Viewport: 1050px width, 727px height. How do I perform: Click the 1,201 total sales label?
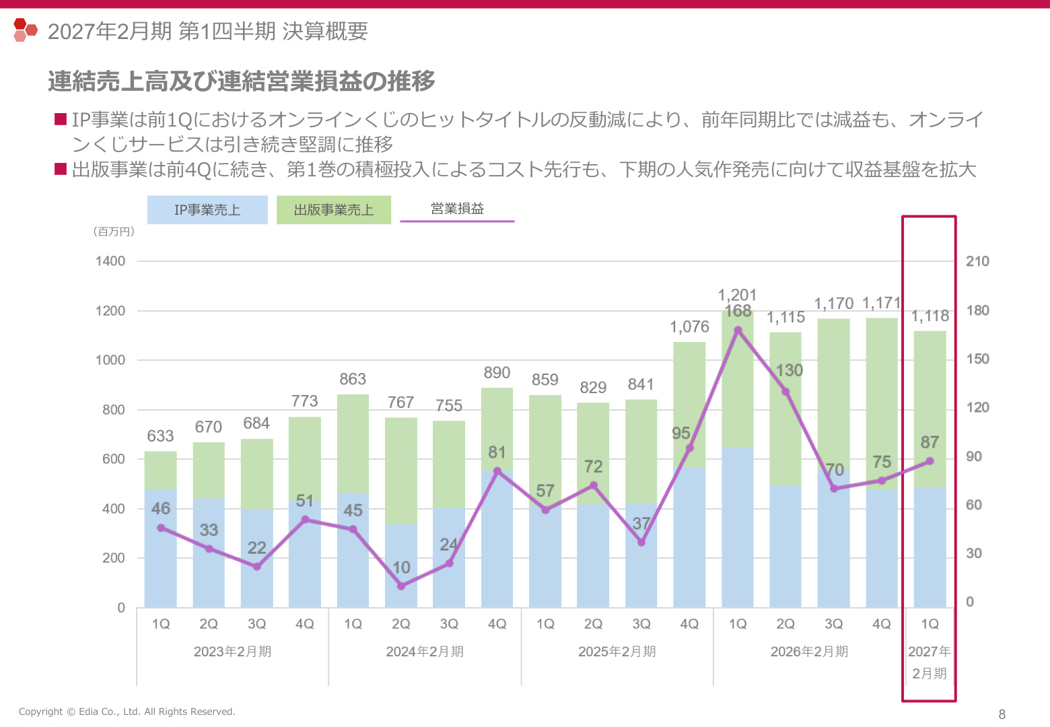[x=737, y=295]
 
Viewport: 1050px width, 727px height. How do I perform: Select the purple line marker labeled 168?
[x=738, y=331]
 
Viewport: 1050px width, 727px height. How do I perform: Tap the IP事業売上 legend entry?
[x=207, y=209]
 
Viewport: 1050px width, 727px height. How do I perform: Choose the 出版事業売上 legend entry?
[x=334, y=209]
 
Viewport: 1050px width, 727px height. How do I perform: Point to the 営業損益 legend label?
[x=457, y=209]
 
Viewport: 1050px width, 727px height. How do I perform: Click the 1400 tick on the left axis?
[x=110, y=261]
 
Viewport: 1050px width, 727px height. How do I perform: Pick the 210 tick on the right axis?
[x=977, y=261]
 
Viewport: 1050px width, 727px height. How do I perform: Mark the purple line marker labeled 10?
[x=400, y=586]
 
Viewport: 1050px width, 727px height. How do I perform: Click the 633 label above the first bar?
[x=160, y=436]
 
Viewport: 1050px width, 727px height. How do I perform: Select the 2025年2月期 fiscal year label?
[x=617, y=651]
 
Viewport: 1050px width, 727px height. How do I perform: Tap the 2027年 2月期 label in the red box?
[x=929, y=662]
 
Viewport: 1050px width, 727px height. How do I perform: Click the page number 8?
[x=1002, y=714]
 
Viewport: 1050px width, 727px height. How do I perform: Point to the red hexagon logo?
[x=26, y=30]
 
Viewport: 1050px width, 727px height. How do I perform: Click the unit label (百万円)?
[x=114, y=231]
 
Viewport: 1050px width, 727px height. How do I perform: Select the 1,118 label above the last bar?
[x=930, y=316]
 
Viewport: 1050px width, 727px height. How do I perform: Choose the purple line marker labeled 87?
[x=930, y=461]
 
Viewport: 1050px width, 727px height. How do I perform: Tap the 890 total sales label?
[x=497, y=373]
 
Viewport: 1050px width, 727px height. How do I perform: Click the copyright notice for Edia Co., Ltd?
[x=127, y=712]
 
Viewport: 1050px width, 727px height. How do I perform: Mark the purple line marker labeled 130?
[x=785, y=391]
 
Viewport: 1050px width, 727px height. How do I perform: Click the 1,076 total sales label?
[x=689, y=326]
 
